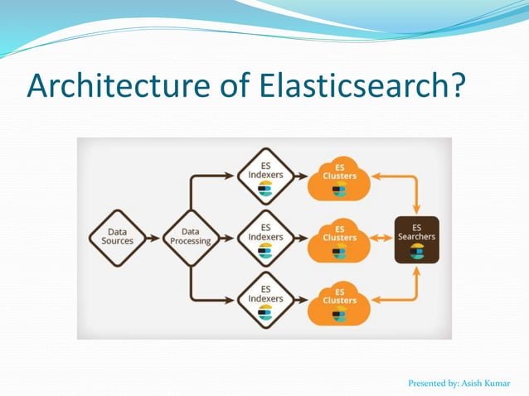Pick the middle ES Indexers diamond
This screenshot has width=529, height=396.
pyautogui.click(x=265, y=238)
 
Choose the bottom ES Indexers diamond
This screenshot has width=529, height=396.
pyautogui.click(x=265, y=300)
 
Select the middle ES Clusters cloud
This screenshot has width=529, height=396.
pyautogui.click(x=339, y=239)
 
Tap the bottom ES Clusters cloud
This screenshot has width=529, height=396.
pyautogui.click(x=339, y=302)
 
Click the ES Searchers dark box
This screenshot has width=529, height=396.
pyautogui.click(x=416, y=239)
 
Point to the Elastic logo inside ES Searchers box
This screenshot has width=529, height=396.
pyautogui.click(x=416, y=251)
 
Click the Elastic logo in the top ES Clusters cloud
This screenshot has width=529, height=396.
pyautogui.click(x=339, y=191)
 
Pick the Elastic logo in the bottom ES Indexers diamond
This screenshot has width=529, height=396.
pyautogui.click(x=265, y=312)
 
